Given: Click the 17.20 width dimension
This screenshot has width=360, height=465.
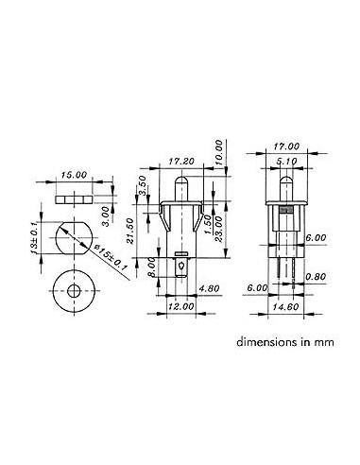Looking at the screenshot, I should click(x=181, y=163).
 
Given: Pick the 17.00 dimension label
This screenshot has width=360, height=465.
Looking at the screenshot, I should click(x=285, y=146).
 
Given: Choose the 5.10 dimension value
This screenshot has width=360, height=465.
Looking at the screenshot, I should click(x=286, y=161).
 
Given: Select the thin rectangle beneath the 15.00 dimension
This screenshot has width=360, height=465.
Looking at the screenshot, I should click(x=72, y=199).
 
